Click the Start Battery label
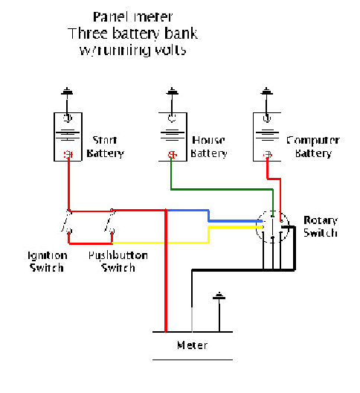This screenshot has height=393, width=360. [x=107, y=147]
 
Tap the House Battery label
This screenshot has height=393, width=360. [x=209, y=147]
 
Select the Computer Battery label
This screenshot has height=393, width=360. [x=312, y=147]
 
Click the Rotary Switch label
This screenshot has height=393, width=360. [x=321, y=227]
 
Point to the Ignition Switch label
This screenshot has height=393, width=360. [x=47, y=261]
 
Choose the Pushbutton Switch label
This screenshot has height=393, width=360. [x=118, y=261]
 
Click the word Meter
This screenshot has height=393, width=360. [x=193, y=345]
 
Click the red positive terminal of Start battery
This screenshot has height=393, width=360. [x=68, y=155]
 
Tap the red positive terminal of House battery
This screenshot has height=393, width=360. [x=172, y=155]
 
